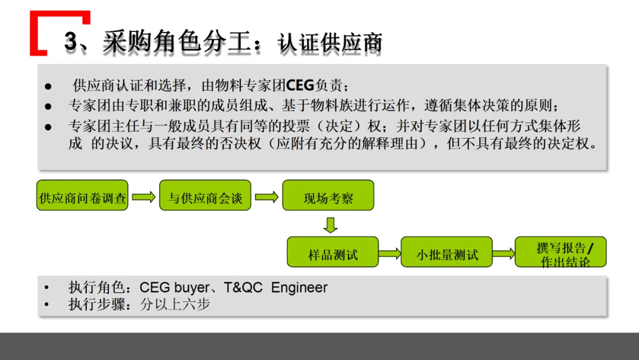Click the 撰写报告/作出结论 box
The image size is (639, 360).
pos(561,252)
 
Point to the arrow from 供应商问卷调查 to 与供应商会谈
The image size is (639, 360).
pos(144,197)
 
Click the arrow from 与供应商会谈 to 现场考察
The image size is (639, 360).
pos(266,197)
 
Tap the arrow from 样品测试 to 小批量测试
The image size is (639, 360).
pos(389,253)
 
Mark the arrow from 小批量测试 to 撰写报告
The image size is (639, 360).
pos(503,253)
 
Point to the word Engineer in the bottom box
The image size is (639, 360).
pos(299,288)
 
